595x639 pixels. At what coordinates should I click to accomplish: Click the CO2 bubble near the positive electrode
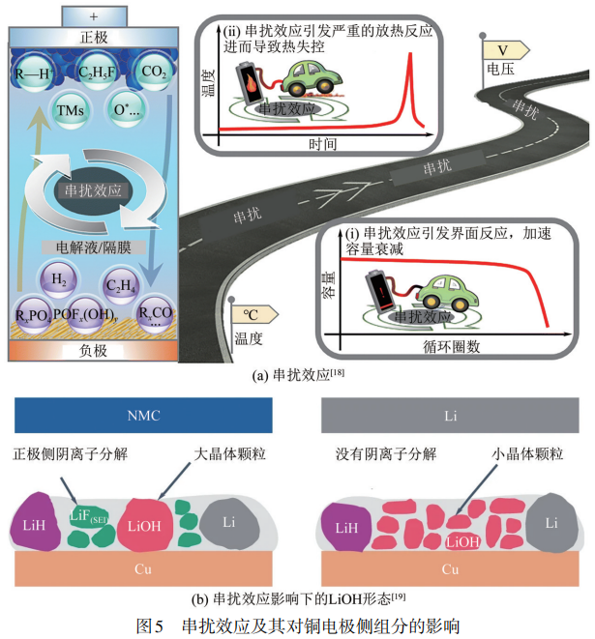[x=153, y=71]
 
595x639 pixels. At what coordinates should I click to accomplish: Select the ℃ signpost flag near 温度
[x=253, y=314]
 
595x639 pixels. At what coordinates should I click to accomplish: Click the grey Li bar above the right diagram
[x=450, y=415]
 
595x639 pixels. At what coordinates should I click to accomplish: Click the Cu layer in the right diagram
[x=450, y=568]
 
